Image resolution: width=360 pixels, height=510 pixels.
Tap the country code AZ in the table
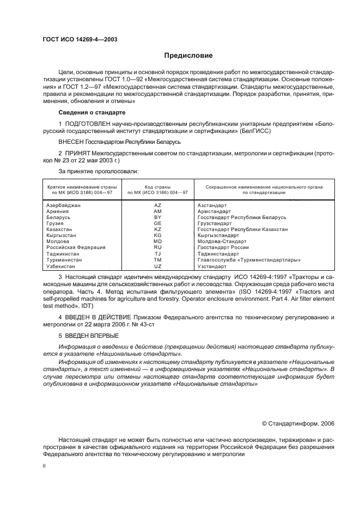coord(158,205)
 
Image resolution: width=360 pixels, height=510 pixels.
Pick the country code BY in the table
coord(158,217)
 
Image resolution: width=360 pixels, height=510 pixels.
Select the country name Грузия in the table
coord(56,223)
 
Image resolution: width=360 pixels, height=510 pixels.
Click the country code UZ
coord(158,266)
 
